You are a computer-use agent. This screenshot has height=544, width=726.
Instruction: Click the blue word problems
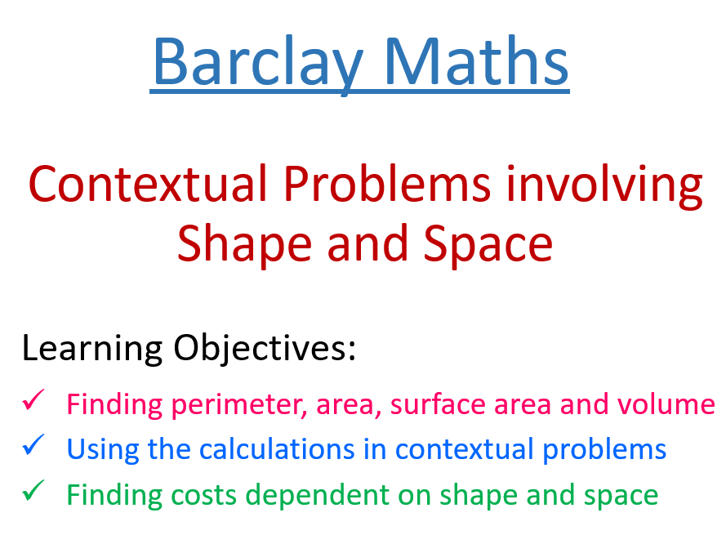tap(605, 449)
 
